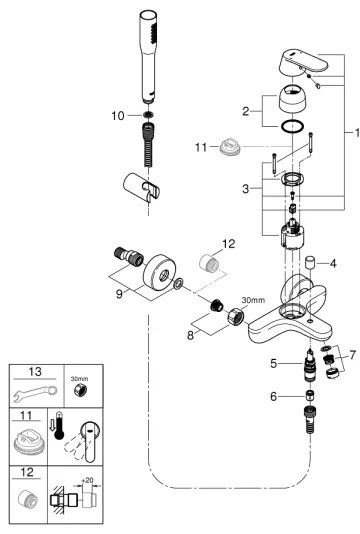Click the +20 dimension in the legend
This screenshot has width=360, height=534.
pos(89,482)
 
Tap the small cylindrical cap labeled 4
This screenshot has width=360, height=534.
pos(311,264)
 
